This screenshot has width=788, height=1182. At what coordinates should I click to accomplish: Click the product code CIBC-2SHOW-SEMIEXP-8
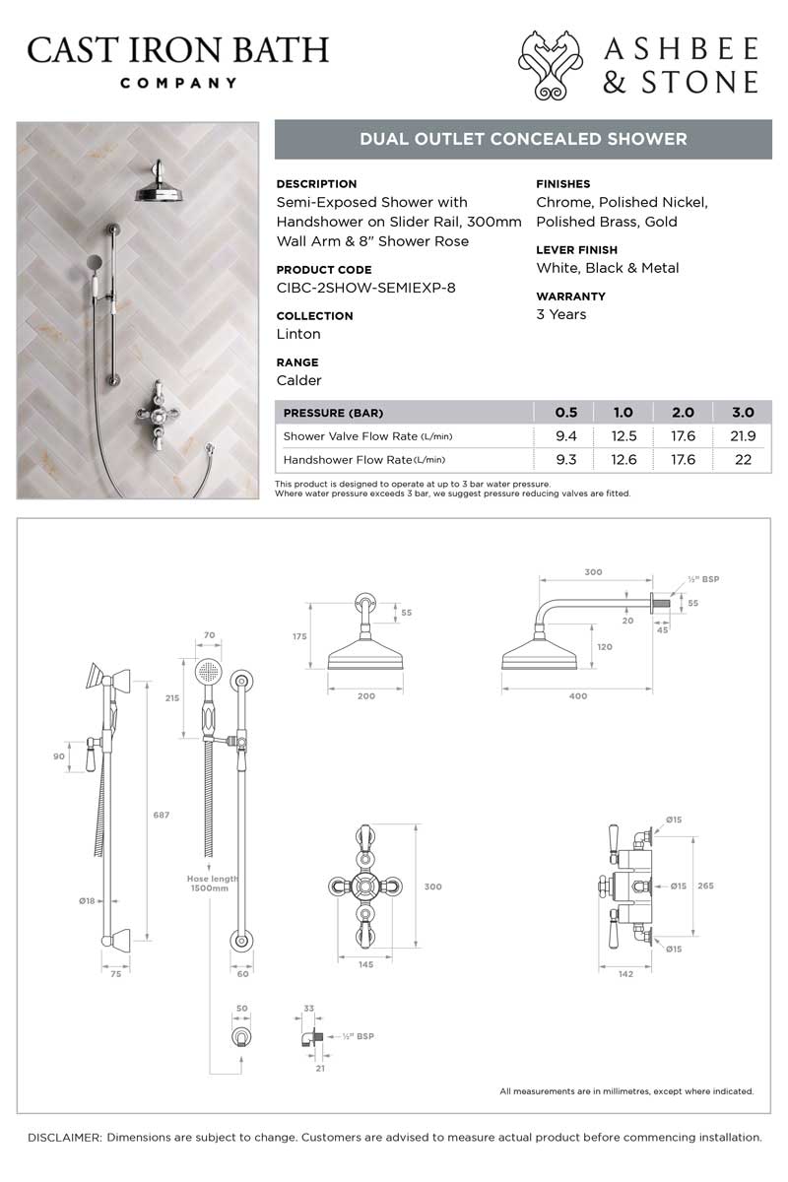(365, 288)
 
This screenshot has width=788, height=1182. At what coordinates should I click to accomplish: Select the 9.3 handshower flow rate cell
(565, 459)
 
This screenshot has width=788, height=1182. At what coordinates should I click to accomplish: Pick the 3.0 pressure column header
(743, 413)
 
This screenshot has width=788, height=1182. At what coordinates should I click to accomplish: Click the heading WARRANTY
(570, 296)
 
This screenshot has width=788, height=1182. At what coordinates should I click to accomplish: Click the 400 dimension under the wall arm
(578, 696)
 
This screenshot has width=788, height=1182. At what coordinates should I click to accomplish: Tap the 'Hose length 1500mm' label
(213, 883)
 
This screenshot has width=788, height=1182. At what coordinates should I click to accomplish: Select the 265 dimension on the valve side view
(705, 886)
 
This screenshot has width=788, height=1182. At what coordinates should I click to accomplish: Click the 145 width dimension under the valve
(365, 965)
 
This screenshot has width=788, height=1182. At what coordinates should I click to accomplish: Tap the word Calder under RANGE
(298, 380)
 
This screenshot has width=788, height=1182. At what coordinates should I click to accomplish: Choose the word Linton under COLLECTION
(298, 334)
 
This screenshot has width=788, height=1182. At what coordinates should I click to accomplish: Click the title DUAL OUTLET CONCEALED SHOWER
(523, 139)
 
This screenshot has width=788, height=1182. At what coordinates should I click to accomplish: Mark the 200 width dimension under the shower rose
(365, 696)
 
